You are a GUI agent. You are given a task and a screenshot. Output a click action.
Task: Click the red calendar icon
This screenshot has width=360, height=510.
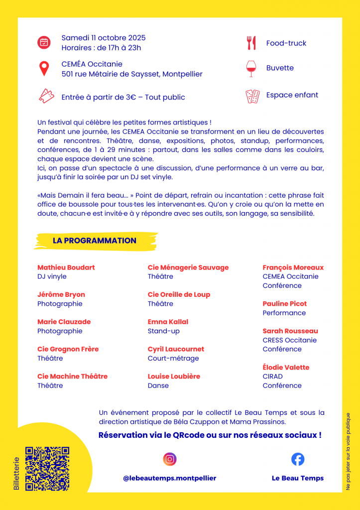[44, 42]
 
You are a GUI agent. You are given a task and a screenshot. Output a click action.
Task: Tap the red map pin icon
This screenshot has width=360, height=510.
[44, 69]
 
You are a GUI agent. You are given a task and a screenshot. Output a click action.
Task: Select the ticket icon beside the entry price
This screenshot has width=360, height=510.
[46, 96]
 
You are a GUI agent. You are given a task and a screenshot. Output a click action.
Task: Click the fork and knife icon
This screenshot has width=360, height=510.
[251, 43]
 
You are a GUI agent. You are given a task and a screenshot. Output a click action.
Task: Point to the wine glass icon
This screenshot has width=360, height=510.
[250, 68]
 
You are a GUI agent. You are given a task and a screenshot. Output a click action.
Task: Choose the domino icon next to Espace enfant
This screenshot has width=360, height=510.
[252, 96]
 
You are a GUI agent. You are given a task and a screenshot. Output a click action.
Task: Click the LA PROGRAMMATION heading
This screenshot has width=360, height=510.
[94, 241]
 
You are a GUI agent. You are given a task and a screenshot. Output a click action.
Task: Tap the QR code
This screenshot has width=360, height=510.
[47, 469]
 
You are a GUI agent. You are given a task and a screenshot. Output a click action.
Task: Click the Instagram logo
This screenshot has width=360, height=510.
[170, 459]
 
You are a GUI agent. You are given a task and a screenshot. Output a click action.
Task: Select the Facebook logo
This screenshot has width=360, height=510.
[298, 459]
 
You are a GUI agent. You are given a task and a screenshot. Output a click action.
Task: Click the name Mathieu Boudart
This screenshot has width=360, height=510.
[66, 267]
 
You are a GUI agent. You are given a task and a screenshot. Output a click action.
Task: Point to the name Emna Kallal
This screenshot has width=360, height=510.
[168, 322]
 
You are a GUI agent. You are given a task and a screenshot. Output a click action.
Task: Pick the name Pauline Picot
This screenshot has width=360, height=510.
[284, 304]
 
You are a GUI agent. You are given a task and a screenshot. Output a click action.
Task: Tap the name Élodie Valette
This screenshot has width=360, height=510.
[286, 368]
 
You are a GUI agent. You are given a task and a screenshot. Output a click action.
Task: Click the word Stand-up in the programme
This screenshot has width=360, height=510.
[163, 331]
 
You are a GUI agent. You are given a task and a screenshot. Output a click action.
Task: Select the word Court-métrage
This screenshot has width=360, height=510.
[173, 359]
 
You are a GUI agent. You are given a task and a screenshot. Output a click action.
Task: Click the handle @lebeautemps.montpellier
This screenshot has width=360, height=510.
[169, 478]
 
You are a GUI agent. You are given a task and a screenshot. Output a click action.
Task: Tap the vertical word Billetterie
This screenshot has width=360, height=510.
[16, 474]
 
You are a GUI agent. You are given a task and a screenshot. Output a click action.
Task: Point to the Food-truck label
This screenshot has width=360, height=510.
[286, 43]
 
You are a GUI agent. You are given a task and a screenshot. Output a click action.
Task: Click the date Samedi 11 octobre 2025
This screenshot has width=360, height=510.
[104, 38]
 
